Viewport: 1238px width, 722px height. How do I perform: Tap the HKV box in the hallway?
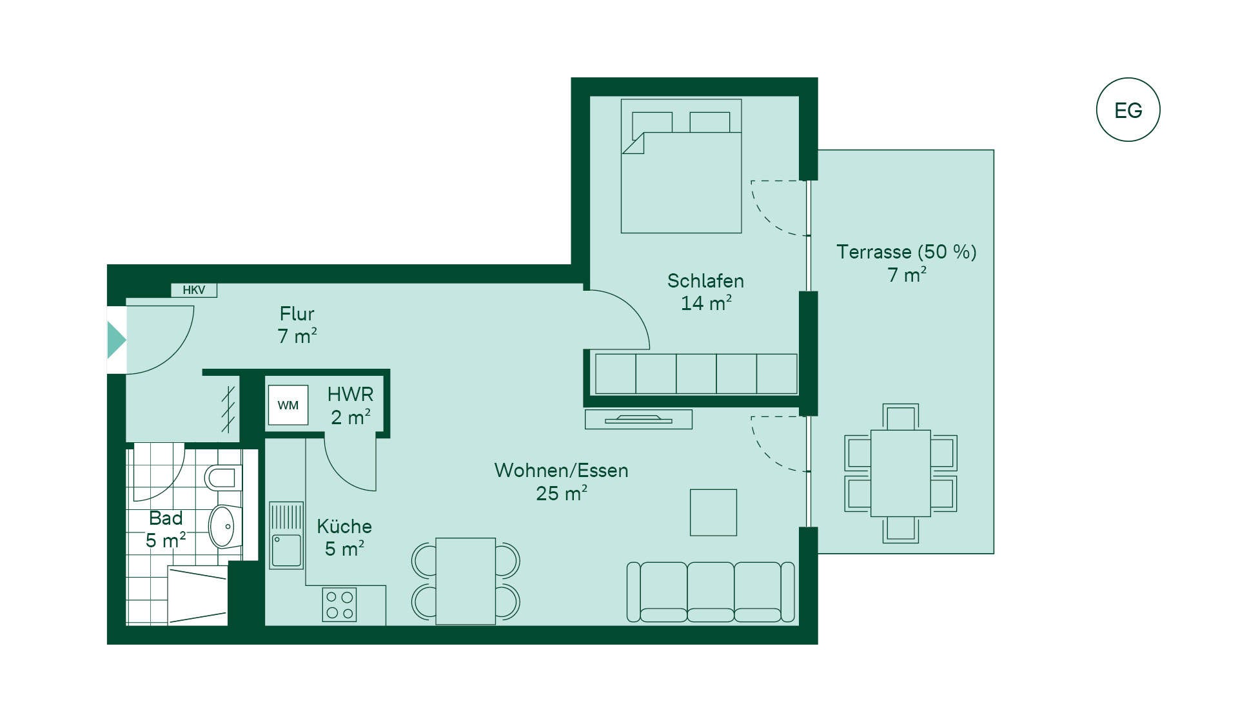(194, 290)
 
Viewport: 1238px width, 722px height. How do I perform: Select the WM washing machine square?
(288, 405)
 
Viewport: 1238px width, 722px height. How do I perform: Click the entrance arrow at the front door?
(117, 340)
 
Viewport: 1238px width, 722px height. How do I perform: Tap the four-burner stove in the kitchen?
(340, 605)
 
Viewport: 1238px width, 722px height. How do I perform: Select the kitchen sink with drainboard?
(286, 535)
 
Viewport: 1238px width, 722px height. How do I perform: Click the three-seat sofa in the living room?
(711, 592)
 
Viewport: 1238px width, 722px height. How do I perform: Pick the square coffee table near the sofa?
(713, 512)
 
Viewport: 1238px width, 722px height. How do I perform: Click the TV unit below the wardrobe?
(638, 420)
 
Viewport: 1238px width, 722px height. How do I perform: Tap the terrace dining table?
(901, 473)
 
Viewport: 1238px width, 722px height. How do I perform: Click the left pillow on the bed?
(653, 122)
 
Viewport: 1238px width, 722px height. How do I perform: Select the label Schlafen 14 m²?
(706, 292)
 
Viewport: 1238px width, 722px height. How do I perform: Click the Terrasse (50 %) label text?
(907, 251)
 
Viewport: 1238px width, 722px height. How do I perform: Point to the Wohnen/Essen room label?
(562, 471)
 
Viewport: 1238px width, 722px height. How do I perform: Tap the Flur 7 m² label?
(297, 325)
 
